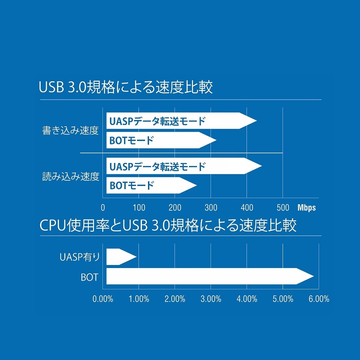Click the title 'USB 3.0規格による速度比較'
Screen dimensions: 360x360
tap(126, 87)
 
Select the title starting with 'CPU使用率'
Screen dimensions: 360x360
tap(168, 225)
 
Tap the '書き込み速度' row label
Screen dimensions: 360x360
tap(70, 130)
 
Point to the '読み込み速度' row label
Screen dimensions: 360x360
tap(71, 176)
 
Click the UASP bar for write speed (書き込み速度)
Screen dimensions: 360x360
tap(181, 121)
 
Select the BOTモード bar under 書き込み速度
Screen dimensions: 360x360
tap(161, 140)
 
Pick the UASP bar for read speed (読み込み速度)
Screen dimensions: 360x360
tap(184, 166)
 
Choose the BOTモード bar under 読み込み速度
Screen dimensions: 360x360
tap(152, 185)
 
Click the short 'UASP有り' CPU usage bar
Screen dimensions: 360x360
tap(121, 257)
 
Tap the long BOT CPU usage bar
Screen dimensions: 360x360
tap(210, 276)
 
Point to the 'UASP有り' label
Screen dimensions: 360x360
tap(80, 257)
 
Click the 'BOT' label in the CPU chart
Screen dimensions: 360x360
tap(90, 277)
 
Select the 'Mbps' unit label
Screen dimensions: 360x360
tap(307, 208)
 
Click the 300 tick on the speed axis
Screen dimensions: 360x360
tap(211, 208)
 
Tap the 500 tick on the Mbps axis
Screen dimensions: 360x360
tap(283, 208)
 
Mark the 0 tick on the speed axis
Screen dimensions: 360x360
tap(103, 208)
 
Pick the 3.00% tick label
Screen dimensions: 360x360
tap(211, 299)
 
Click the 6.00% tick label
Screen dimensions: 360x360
tap(319, 299)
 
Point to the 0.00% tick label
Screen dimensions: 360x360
tap(103, 299)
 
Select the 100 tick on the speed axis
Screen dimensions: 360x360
tap(139, 208)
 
